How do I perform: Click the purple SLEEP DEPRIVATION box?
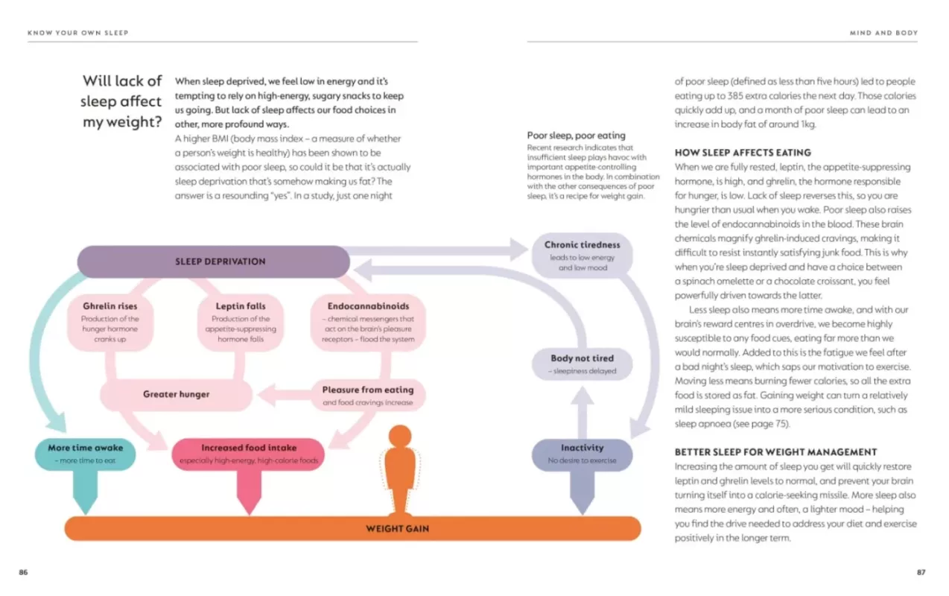click(213, 261)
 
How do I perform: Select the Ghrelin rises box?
click(110, 322)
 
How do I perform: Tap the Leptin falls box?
click(241, 322)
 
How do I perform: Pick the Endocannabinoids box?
click(368, 322)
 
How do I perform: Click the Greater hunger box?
click(177, 394)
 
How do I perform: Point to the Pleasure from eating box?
click(368, 395)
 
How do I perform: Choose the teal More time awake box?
click(86, 454)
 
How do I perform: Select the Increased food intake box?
click(249, 454)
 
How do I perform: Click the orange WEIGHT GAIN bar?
click(353, 529)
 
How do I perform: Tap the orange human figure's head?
click(401, 437)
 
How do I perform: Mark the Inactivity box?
click(582, 454)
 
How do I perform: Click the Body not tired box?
click(582, 364)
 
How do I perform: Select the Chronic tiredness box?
click(582, 255)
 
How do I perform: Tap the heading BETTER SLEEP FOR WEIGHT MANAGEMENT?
click(775, 451)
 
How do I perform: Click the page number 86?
click(23, 572)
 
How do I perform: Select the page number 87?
click(921, 572)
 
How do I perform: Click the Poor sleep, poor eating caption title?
click(565, 136)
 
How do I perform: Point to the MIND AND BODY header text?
click(883, 33)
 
